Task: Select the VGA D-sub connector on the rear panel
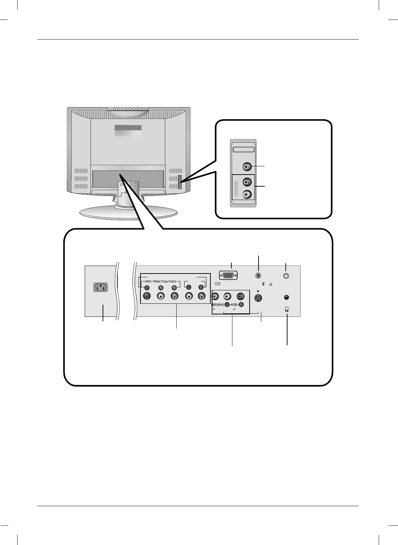(228, 276)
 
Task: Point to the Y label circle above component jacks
(147, 288)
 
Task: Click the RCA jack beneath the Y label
(147, 296)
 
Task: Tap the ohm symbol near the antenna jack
(271, 285)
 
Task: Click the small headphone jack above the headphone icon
(287, 298)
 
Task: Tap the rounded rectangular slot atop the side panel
(244, 149)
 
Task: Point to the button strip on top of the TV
(128, 109)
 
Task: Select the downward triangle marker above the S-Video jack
(258, 291)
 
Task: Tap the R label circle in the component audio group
(201, 288)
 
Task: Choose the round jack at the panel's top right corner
(286, 275)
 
